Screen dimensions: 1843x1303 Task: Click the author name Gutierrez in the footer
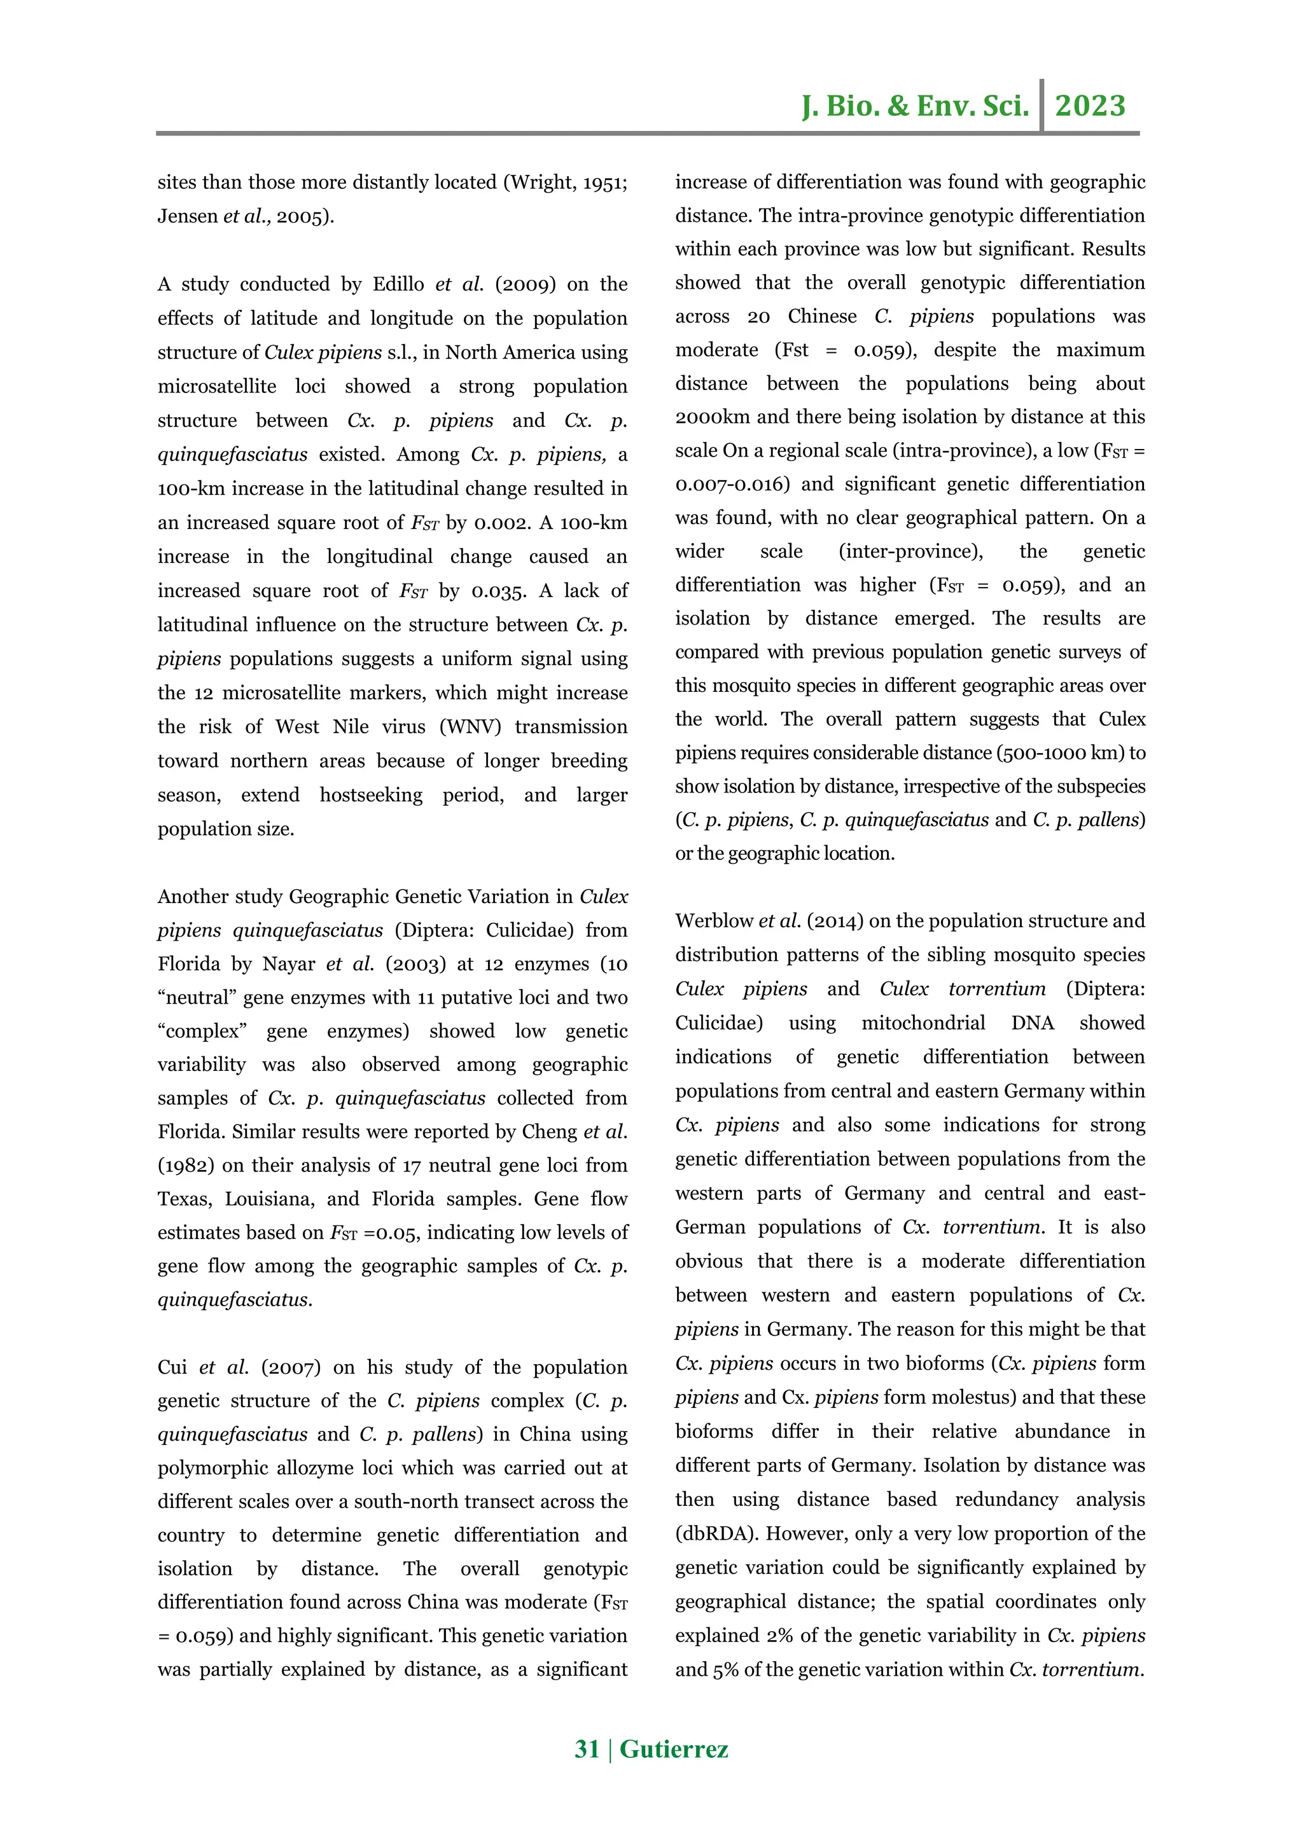coord(674,1748)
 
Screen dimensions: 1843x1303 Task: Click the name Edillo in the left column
coord(398,284)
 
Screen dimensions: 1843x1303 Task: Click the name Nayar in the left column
coord(288,963)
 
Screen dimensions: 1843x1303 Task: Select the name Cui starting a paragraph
coord(172,1367)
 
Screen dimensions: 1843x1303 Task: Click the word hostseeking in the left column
coord(370,795)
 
